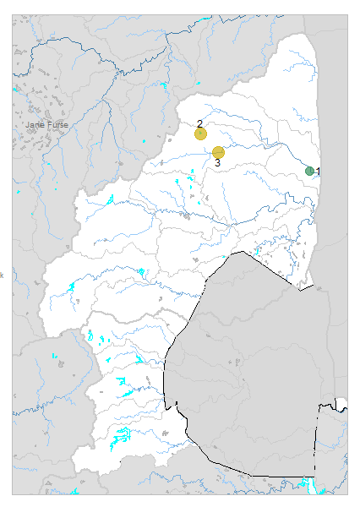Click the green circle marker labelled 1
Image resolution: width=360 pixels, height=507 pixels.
click(309, 171)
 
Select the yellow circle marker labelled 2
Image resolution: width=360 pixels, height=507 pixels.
click(200, 134)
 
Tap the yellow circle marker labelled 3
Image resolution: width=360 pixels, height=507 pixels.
click(218, 152)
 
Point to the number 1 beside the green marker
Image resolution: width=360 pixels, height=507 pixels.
click(319, 172)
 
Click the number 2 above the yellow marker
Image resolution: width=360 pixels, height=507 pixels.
click(200, 123)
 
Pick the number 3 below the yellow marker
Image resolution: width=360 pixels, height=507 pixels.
click(217, 162)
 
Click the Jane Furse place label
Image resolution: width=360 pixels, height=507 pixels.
click(46, 125)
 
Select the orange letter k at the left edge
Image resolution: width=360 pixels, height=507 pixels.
click(2, 275)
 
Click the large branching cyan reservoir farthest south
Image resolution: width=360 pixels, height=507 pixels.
click(123, 437)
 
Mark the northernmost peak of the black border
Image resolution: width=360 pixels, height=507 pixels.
click(243, 251)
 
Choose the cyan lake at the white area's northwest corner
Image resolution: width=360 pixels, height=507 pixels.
click(110, 199)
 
